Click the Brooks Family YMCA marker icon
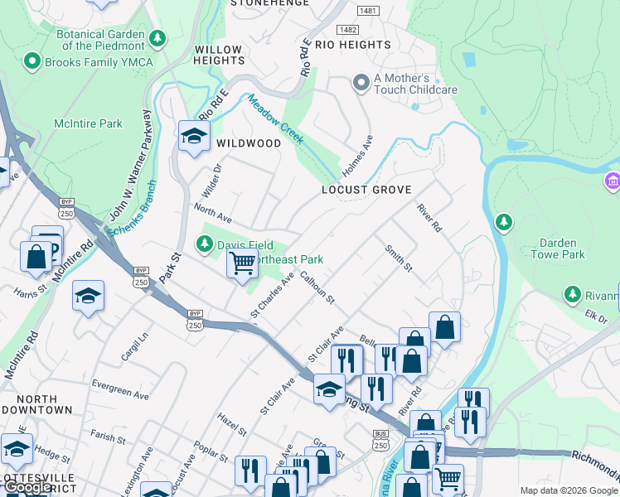point(32,61)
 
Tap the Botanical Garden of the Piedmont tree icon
point(157,38)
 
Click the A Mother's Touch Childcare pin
point(361,82)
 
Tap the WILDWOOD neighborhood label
point(249,143)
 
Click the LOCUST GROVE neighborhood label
point(366,190)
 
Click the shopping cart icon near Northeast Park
point(242,264)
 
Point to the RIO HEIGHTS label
point(353,45)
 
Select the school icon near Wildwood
point(194,137)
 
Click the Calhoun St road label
point(317,287)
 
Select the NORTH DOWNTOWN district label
point(36,404)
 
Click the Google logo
point(28,487)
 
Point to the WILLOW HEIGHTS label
point(219,55)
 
